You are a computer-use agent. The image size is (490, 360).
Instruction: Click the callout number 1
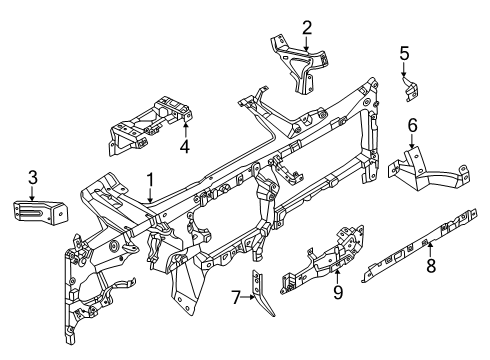tap(151, 180)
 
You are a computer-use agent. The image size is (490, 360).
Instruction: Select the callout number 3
tap(33, 177)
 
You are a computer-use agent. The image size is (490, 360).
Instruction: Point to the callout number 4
tap(184, 147)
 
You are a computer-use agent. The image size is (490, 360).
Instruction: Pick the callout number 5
tap(404, 54)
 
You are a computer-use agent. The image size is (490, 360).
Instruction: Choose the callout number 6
tap(411, 126)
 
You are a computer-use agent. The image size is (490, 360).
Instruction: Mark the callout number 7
tap(237, 297)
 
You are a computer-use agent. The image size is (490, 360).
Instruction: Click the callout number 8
tap(431, 268)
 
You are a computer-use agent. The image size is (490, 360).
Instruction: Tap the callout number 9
tap(337, 291)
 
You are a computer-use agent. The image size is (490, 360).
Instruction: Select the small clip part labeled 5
tap(409, 92)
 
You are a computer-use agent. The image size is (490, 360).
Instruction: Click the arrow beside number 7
tap(249, 297)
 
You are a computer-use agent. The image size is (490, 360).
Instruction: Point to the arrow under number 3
tap(33, 192)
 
